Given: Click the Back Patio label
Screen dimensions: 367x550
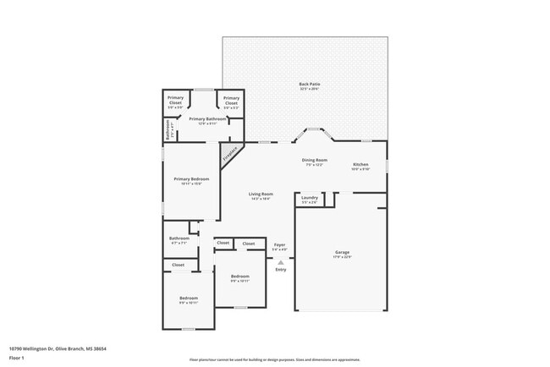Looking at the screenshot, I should pyautogui.click(x=310, y=85).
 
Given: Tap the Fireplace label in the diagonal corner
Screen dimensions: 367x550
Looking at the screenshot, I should pyautogui.click(x=230, y=155).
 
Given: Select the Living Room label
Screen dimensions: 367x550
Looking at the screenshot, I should pyautogui.click(x=260, y=194).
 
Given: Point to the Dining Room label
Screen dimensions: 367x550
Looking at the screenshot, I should pyautogui.click(x=315, y=160).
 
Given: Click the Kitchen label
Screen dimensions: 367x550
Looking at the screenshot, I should pyautogui.click(x=360, y=164).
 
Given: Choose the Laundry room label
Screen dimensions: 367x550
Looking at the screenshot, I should pyautogui.click(x=309, y=198).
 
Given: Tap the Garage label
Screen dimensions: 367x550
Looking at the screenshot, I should pyautogui.click(x=342, y=253).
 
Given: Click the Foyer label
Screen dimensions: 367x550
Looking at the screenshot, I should pyautogui.click(x=279, y=244).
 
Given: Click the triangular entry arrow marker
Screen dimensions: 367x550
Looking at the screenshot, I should pyautogui.click(x=280, y=262).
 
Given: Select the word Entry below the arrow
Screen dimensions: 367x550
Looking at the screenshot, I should pyautogui.click(x=280, y=270).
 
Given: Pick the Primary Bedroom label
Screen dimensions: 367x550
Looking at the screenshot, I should pyautogui.click(x=191, y=179).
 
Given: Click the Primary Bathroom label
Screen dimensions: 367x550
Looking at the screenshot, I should pyautogui.click(x=207, y=119).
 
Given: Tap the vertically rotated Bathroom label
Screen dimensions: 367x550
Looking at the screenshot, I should pyautogui.click(x=168, y=131).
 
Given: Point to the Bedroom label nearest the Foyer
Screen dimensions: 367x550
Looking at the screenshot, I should pyautogui.click(x=240, y=277).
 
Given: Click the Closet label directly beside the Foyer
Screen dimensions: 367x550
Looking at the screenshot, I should pyautogui.click(x=249, y=244).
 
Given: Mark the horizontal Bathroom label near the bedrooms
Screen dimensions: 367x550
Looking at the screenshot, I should pyautogui.click(x=179, y=238).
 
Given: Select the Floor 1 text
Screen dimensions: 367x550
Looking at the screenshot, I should pyautogui.click(x=16, y=358).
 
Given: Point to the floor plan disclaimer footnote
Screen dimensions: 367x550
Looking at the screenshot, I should pyautogui.click(x=274, y=359).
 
